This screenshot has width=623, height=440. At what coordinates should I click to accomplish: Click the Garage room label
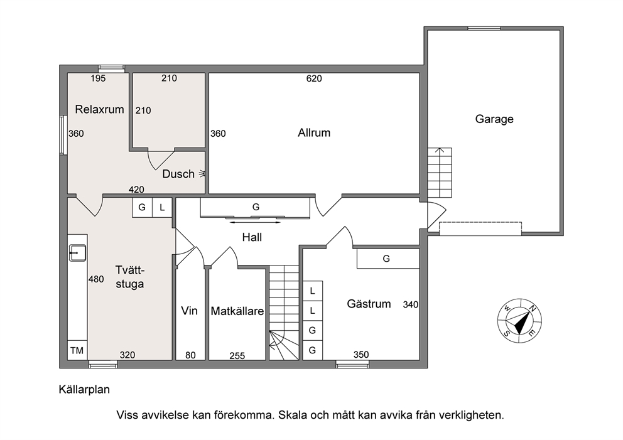tap(494, 119)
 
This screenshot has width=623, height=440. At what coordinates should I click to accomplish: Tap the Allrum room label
tap(314, 132)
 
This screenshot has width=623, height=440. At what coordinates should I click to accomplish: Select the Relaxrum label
tap(99, 109)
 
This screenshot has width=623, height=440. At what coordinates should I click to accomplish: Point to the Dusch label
tap(178, 174)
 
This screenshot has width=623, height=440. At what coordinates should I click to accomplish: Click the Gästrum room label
tap(369, 304)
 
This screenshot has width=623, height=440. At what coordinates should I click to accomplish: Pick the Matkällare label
tap(237, 311)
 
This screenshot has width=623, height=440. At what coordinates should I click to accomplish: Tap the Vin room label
tap(189, 311)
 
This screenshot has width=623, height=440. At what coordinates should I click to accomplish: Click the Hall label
tap(252, 237)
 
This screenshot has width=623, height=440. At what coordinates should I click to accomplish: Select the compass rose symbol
tap(520, 321)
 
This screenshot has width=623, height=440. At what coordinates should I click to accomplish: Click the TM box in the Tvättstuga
tap(77, 350)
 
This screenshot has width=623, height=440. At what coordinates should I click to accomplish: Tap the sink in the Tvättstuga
tap(77, 253)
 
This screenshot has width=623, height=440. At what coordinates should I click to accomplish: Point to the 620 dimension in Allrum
tap(314, 78)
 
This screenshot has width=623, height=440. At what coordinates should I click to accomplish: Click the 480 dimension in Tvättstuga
tap(96, 279)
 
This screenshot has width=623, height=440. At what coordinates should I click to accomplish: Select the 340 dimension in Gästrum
tap(411, 304)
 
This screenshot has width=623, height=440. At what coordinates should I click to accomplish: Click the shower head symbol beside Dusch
tap(203, 173)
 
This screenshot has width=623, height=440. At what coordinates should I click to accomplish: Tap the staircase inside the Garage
tap(440, 173)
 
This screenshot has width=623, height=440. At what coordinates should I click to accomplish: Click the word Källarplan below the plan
tap(84, 390)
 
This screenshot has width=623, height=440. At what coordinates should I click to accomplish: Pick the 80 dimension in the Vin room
tap(190, 355)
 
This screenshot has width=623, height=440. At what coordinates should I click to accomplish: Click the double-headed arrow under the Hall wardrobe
tap(255, 222)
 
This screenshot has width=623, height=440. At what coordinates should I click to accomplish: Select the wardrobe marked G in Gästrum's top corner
tap(388, 259)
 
